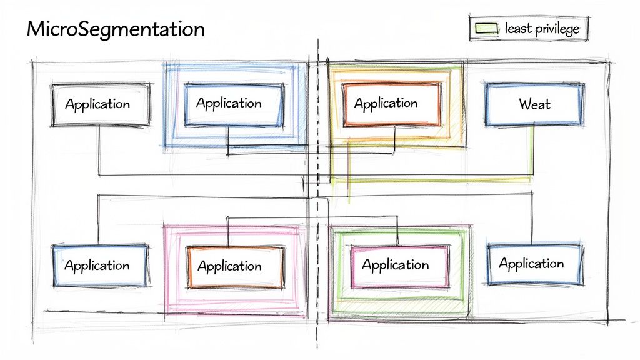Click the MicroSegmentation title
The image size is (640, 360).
point(116,29)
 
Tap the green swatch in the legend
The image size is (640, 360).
point(486,28)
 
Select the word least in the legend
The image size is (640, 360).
point(519,28)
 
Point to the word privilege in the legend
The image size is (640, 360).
point(558,29)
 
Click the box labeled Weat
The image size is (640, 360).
point(534,104)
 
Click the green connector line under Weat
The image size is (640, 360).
point(532,150)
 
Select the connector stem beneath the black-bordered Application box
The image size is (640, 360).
point(99,150)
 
